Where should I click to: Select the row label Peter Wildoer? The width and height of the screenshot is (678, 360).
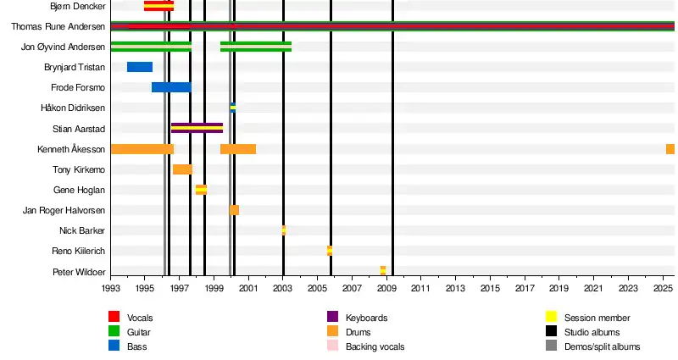(x=79, y=272)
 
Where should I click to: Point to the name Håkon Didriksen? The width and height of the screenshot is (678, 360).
(x=73, y=108)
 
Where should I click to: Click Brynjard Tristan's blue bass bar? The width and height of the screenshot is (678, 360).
(x=140, y=67)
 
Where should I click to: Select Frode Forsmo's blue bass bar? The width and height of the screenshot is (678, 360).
(x=171, y=87)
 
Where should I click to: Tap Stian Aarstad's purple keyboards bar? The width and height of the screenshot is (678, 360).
(x=197, y=128)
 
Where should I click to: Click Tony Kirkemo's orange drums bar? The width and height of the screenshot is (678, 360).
(x=182, y=169)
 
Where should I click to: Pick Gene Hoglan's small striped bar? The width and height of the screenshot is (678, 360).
(x=201, y=190)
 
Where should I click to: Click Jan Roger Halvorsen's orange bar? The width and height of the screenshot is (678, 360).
(x=234, y=210)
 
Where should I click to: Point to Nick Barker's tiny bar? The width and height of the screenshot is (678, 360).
(x=283, y=230)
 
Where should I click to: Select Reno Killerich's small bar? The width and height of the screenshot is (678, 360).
(x=329, y=251)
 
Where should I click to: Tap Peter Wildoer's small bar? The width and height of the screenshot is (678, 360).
(x=382, y=270)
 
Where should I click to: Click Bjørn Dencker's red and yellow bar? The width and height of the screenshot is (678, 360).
(x=158, y=6)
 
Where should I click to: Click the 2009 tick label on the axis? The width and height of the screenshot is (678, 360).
(x=386, y=289)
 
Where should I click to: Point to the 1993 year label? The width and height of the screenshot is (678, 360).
(x=111, y=289)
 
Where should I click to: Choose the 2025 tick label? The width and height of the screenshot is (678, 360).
(x=662, y=289)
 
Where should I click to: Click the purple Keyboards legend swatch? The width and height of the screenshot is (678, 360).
(x=333, y=317)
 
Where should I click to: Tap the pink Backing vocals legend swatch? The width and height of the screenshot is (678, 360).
(x=333, y=346)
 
